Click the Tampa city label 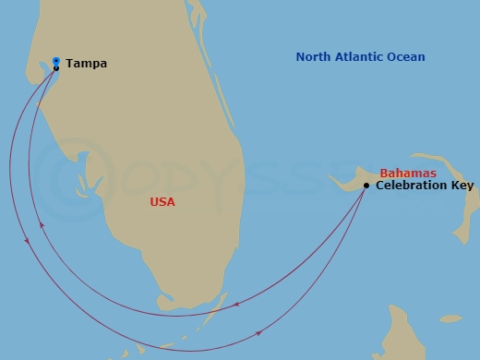pos(87,64)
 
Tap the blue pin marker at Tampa pos(56,61)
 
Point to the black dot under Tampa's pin pos(56,68)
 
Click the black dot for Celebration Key pos(366,186)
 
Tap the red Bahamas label pos(408,174)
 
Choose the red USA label pos(162,201)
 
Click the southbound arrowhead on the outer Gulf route pos(28,241)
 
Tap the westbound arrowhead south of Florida pos(237,305)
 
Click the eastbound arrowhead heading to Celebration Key pos(259,332)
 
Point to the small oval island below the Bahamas pos(450,318)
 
